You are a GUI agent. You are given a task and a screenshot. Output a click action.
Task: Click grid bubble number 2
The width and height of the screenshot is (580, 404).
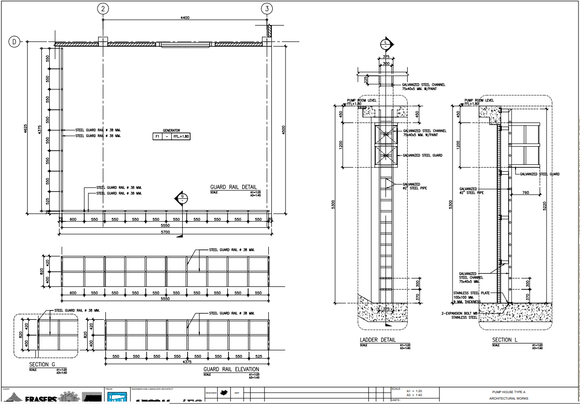coord(103,8)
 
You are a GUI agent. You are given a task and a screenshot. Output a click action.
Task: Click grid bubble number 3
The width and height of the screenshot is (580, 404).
coord(267,8)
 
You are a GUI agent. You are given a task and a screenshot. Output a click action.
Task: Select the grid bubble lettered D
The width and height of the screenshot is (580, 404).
coord(14,42)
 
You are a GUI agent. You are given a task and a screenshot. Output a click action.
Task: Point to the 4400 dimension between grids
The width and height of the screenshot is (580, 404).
coord(185,18)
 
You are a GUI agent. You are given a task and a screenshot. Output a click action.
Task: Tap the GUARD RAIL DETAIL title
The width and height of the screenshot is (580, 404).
coord(233,187)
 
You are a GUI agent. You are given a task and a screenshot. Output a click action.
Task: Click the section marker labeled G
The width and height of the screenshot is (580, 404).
coord(182,198)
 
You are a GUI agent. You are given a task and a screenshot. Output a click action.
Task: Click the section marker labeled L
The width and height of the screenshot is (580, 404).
coord(386,44)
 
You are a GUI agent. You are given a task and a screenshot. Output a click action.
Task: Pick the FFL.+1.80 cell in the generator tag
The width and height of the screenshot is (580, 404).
coord(181,136)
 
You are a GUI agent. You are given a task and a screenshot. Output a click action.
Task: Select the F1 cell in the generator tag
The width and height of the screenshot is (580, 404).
coord(158,136)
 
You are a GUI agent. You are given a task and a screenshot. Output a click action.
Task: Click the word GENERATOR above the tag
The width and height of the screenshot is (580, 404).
coord(171,131)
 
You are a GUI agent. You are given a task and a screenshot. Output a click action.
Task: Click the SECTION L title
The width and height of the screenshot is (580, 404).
coord(505,340)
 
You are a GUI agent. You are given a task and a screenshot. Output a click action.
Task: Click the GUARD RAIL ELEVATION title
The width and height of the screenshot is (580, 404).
coord(231,369)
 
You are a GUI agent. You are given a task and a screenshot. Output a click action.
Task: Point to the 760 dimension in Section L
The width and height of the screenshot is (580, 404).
coord(525,193)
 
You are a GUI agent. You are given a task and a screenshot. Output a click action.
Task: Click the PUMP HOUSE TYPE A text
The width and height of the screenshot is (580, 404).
coord(509,392)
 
